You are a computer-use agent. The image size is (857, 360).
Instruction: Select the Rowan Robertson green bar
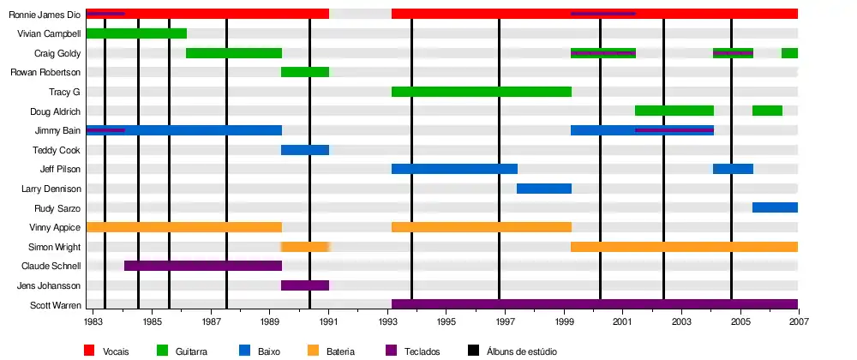pos(305,72)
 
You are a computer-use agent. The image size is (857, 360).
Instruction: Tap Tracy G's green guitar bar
pos(481,92)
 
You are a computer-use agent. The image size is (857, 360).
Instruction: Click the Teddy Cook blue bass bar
pos(305,150)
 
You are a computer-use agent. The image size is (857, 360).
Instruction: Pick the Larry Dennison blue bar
pos(543,189)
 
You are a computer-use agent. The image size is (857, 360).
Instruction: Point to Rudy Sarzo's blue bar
pos(775,207)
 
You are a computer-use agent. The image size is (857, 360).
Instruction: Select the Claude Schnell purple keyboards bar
pos(203,266)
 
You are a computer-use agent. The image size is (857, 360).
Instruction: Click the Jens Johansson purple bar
pos(305,285)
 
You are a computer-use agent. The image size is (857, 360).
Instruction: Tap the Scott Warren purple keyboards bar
pos(594,304)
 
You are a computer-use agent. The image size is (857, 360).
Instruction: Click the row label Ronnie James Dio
pos(44,15)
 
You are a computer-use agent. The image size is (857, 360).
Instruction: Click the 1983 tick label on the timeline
pos(93,322)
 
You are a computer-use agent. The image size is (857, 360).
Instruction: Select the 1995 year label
pos(446,322)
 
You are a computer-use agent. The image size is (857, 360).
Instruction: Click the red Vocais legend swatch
pos(89,350)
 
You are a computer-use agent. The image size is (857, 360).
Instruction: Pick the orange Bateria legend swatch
pos(314,350)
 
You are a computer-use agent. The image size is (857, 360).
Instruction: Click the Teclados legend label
pos(421,351)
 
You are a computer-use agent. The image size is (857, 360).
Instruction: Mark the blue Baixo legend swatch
pos(244,350)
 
